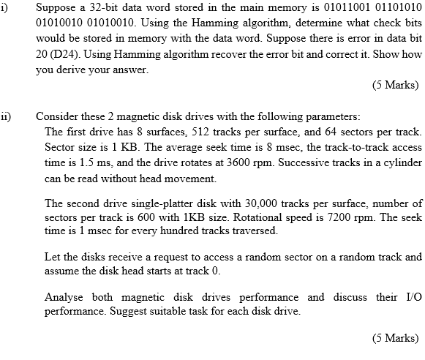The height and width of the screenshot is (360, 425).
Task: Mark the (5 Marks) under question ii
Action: click(395, 339)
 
